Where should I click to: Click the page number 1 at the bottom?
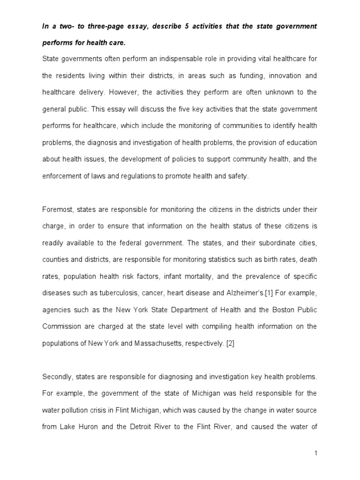(x=317, y=453)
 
